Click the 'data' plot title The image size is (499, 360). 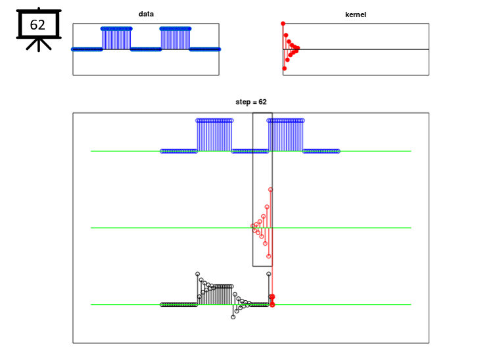146,14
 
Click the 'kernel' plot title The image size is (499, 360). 356,14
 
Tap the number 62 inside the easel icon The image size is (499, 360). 37,25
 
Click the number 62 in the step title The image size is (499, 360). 262,102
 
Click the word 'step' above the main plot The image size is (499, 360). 243,102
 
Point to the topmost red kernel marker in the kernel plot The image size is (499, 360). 283,24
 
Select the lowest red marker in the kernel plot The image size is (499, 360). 285,68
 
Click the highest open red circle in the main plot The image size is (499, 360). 270,190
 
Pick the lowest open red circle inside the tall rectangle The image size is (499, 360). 269,256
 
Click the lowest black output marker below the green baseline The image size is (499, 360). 233,317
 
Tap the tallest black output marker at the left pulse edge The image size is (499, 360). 198,274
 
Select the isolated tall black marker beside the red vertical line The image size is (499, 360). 269,274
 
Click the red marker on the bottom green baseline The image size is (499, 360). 272,305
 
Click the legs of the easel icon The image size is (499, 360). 39,45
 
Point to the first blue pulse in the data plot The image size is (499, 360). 116,39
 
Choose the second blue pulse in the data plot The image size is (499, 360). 176,39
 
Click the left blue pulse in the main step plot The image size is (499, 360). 214,135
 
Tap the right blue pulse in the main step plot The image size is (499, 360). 286,135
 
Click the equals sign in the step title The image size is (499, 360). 254,102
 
